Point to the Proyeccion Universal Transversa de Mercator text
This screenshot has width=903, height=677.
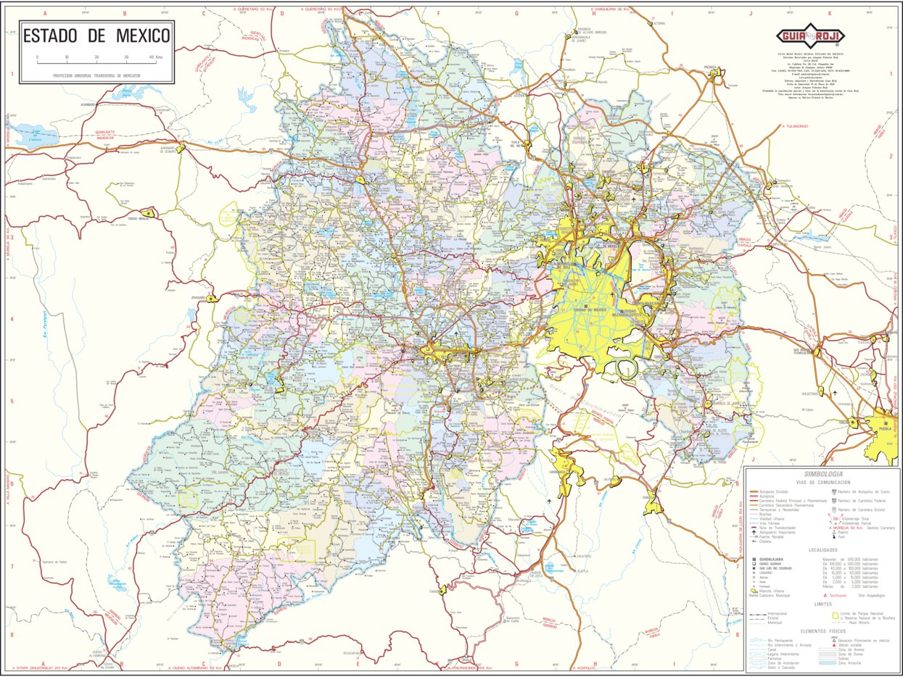click(x=96, y=75)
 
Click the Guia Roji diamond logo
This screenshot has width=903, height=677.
click(x=804, y=36)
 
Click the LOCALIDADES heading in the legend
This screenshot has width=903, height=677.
click(x=822, y=550)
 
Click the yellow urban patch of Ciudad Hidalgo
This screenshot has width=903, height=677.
click(x=149, y=213)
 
